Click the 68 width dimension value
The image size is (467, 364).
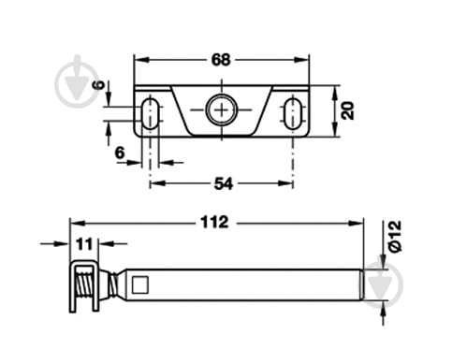221,60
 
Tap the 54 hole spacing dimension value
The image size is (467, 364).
224,183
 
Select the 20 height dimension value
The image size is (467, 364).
347,110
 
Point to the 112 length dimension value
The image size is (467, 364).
214,223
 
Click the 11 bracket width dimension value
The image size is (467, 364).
84,244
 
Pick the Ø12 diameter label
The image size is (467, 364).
394,236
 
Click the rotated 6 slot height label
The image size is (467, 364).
99,85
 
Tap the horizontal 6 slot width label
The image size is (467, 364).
120,153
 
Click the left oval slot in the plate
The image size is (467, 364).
151,113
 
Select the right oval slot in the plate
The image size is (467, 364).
293,113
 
